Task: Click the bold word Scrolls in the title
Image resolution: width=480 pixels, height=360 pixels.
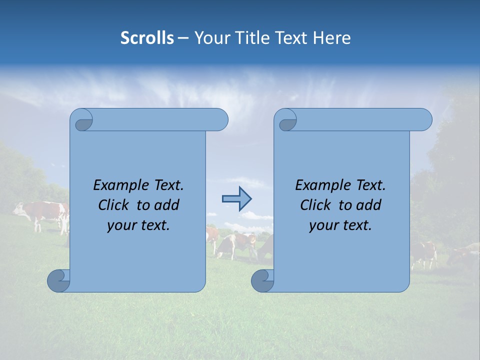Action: pos(147,38)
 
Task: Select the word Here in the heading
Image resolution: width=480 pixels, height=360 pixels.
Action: pos(332,38)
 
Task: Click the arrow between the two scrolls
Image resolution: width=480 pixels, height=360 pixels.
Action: pos(236,198)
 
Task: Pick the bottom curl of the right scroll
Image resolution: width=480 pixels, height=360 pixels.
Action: pos(263,280)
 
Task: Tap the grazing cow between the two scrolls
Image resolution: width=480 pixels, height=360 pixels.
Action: pos(235,245)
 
